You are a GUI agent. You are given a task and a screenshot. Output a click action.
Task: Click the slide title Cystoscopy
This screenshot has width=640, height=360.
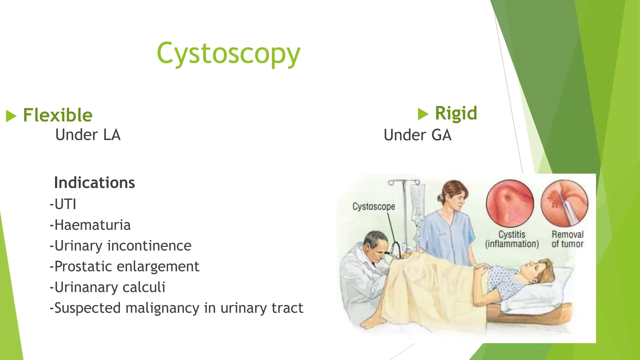pyautogui.click(x=228, y=54)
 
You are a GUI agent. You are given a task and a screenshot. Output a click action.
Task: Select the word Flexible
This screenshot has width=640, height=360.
pyautogui.click(x=58, y=115)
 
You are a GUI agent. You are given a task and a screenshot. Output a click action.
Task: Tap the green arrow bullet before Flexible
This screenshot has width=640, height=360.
pyautogui.click(x=11, y=116)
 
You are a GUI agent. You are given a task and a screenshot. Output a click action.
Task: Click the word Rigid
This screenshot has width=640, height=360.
pyautogui.click(x=456, y=113)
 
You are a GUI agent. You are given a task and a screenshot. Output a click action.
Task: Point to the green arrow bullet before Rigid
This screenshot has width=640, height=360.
pyautogui.click(x=423, y=114)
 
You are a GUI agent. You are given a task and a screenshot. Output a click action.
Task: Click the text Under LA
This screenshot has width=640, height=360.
pyautogui.click(x=88, y=135)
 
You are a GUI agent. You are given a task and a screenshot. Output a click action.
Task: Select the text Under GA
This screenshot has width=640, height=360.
pyautogui.click(x=417, y=135)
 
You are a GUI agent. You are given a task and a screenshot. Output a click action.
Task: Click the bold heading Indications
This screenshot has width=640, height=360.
pyautogui.click(x=94, y=183)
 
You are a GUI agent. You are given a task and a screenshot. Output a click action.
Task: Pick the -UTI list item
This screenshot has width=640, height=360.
pyautogui.click(x=63, y=204)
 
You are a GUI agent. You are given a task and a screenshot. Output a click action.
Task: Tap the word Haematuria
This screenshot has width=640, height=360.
pyautogui.click(x=92, y=225)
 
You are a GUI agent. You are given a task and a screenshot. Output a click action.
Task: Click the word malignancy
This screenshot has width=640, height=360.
pyautogui.click(x=162, y=308)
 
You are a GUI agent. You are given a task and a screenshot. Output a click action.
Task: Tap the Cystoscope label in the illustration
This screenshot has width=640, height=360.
pyautogui.click(x=373, y=207)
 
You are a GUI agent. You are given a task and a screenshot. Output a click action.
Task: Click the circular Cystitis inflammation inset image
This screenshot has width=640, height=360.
pyautogui.click(x=510, y=203)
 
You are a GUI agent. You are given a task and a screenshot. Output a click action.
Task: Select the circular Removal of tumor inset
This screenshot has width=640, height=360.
pyautogui.click(x=564, y=203)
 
